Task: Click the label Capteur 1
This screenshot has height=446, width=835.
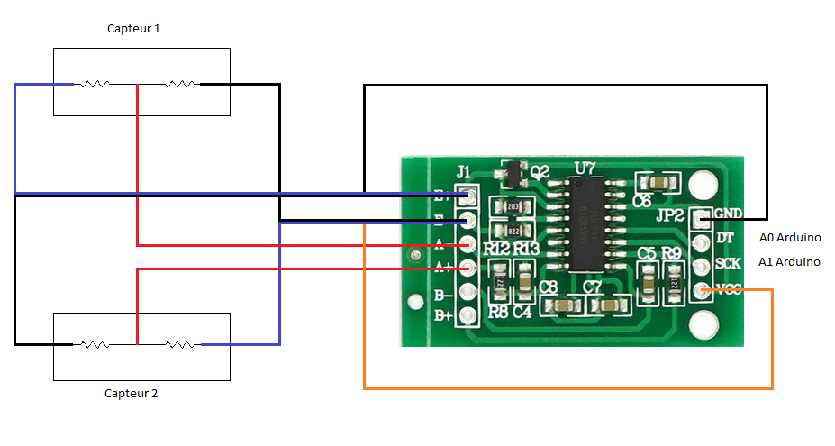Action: pyautogui.click(x=134, y=29)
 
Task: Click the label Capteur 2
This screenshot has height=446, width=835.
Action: pyautogui.click(x=132, y=394)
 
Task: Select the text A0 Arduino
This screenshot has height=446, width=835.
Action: pyautogui.click(x=790, y=239)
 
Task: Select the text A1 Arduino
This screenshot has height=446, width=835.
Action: pyautogui.click(x=790, y=262)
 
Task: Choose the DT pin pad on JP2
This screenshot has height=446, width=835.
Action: pyautogui.click(x=701, y=241)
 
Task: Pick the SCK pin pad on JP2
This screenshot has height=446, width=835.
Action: pyautogui.click(x=701, y=266)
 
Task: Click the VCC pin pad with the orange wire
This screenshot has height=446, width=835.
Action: pyautogui.click(x=701, y=290)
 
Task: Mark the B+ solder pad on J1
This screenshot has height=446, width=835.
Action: pyautogui.click(x=467, y=315)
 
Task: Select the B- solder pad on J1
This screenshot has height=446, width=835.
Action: pyautogui.click(x=467, y=292)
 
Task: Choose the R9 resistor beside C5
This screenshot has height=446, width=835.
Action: pyautogui.click(x=672, y=282)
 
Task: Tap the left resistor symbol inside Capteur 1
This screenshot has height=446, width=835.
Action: pyautogui.click(x=95, y=85)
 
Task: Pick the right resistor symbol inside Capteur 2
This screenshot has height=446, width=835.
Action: pyautogui.click(x=180, y=344)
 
